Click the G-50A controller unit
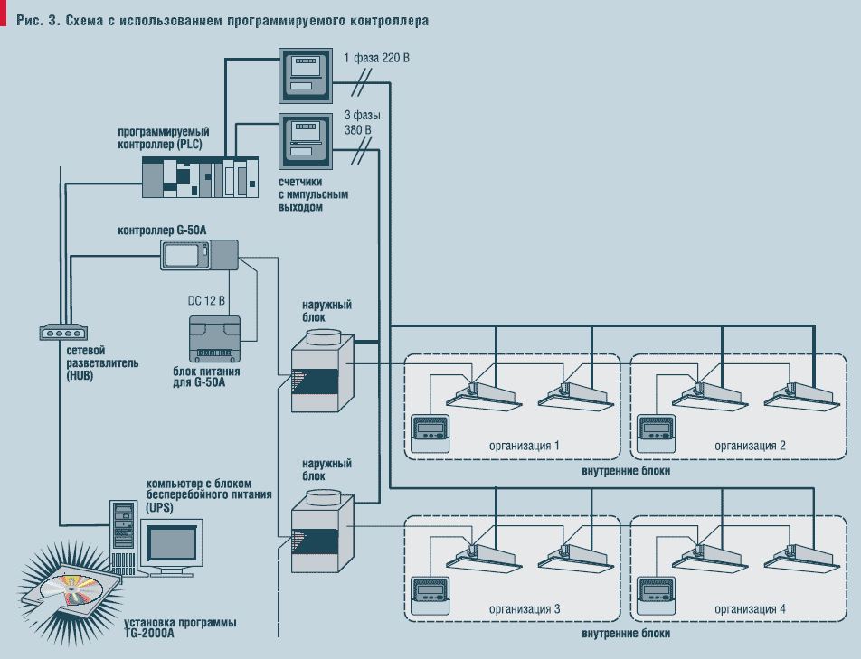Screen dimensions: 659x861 (x=198, y=254)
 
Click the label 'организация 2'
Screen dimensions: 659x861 (x=750, y=446)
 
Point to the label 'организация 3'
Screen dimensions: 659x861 (x=525, y=609)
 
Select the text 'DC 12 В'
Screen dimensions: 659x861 (x=206, y=300)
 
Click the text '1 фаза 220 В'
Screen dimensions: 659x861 (x=377, y=59)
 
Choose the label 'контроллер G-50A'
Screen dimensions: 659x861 (x=163, y=231)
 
